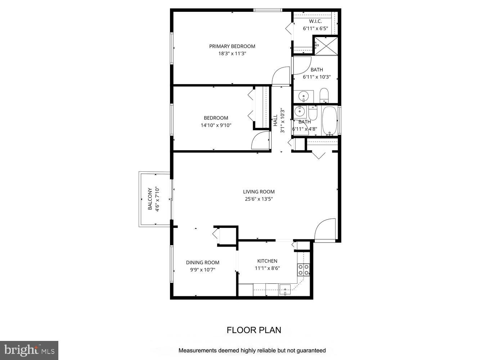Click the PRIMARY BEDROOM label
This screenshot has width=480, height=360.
coord(232,46)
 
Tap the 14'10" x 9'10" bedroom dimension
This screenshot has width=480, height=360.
coord(216,125)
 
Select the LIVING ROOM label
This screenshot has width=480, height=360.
coord(259,192)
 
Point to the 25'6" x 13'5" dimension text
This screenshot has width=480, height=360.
coord(259,199)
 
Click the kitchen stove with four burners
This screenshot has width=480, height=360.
coord(303,270)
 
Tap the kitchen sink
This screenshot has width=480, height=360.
coord(285,289)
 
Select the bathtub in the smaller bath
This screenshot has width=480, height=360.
coord(329,120)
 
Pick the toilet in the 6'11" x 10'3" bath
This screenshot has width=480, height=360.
coord(324,95)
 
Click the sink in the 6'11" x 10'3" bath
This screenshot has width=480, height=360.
coord(304,96)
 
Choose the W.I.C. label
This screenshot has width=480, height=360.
coord(315,21)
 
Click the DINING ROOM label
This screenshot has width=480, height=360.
coord(202,262)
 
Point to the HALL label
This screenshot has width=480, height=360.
coord(275,120)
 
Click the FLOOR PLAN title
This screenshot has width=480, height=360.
coord(254,330)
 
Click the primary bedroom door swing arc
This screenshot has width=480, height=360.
coord(281,76)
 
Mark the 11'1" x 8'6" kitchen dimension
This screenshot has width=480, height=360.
coord(267,268)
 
